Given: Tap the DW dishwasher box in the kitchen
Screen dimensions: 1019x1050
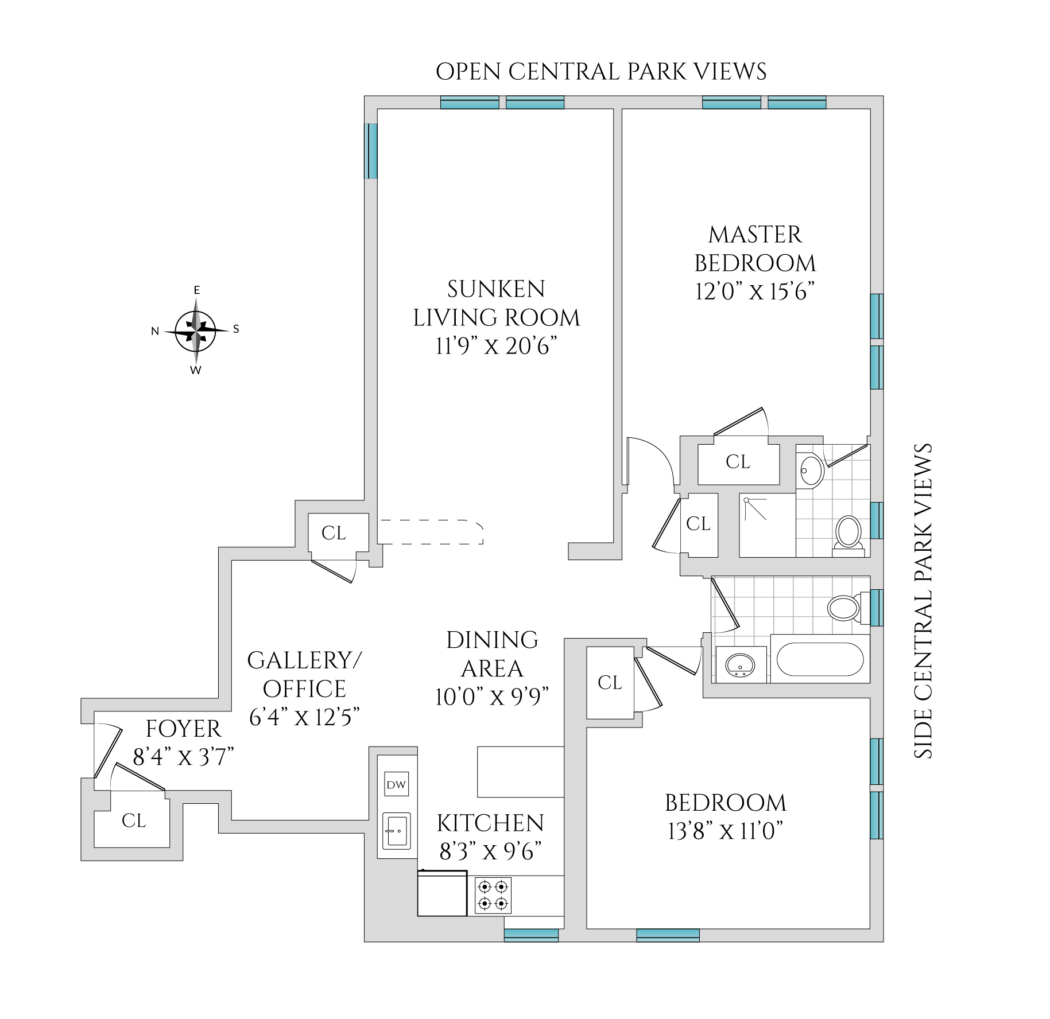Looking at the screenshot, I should (396, 785).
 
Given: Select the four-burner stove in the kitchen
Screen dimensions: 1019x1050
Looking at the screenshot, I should (493, 896).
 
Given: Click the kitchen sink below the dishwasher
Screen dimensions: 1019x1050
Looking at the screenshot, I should (397, 831).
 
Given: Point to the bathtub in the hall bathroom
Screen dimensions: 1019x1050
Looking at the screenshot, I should (819, 659).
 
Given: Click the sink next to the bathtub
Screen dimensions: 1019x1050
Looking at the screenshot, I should (740, 665).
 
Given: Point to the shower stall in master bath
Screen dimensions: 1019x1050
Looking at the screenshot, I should (767, 525).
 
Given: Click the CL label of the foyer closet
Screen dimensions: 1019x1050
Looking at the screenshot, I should (134, 821).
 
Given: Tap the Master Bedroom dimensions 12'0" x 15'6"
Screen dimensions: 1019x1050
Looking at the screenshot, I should (755, 292).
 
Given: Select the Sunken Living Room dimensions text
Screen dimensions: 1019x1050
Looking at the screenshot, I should (497, 347).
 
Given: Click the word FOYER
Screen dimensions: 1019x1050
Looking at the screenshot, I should (184, 729).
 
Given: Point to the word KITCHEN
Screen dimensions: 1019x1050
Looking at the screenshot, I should (490, 824).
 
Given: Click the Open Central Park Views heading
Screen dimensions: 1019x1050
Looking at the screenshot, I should (601, 72).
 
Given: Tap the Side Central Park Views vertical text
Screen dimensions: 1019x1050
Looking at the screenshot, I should (923, 601).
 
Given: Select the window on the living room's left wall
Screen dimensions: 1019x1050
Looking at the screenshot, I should (372, 151).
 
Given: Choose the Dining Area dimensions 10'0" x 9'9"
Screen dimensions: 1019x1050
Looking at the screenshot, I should (493, 697).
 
